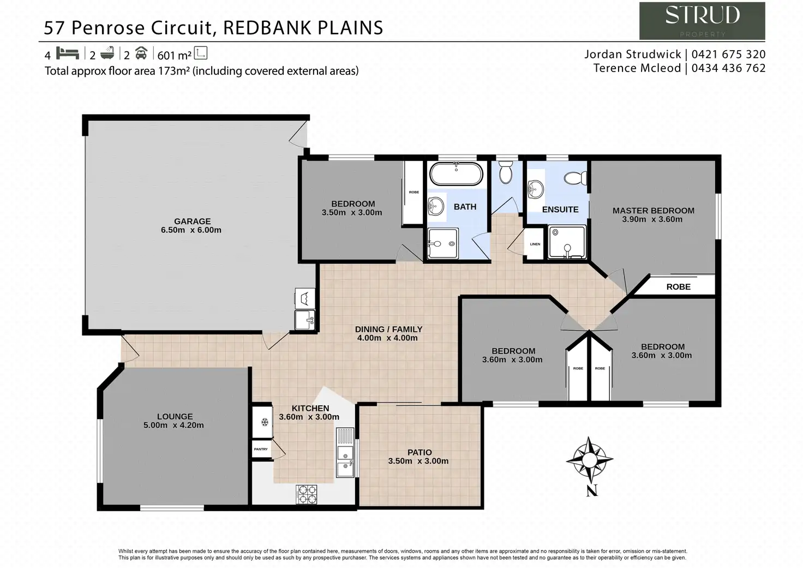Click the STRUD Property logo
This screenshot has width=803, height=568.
click(702, 21)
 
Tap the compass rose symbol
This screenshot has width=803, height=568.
click(589, 460)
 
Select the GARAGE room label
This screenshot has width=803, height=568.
click(192, 221)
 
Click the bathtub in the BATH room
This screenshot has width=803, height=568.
click(456, 174)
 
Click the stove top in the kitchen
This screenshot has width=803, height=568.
click(306, 494)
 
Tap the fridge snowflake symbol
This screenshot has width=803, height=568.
click(264, 422)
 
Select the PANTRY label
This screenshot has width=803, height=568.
click(261, 449)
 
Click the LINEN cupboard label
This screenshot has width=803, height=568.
click(535, 244)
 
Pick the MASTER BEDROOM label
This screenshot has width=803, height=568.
click(653, 210)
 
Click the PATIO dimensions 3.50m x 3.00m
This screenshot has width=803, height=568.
click(418, 461)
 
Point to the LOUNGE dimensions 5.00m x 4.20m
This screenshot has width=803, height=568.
click(173, 425)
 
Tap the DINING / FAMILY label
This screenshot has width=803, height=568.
click(388, 329)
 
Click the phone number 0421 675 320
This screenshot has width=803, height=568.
click(728, 54)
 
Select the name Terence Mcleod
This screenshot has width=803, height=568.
click(637, 68)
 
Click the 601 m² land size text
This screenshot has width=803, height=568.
click(174, 55)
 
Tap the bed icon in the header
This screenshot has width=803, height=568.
click(68, 53)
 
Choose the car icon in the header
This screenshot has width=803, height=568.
click(141, 53)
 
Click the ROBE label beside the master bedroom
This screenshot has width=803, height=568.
click(678, 286)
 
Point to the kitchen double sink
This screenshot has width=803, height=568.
click(345, 461)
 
